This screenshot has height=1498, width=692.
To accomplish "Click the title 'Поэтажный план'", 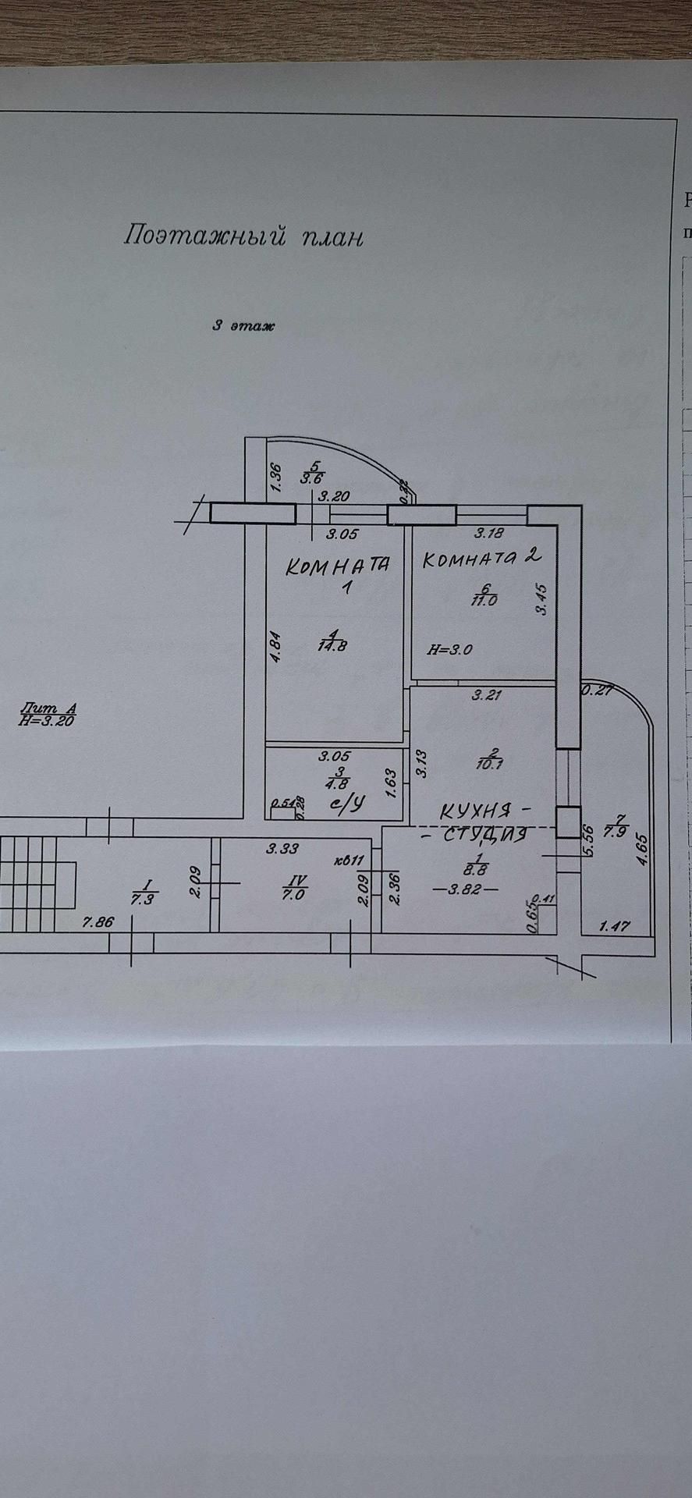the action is tap(243, 236).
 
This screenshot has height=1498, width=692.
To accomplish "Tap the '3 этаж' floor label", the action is tap(244, 326).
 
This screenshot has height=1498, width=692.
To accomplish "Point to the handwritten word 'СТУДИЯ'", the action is tap(484, 835).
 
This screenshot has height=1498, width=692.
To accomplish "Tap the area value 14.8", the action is tap(332, 644).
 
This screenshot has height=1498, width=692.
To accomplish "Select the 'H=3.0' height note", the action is tap(450, 648).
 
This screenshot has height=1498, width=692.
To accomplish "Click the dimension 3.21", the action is tap(487, 696).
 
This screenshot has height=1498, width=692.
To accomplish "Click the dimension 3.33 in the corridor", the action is tap(282, 849).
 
